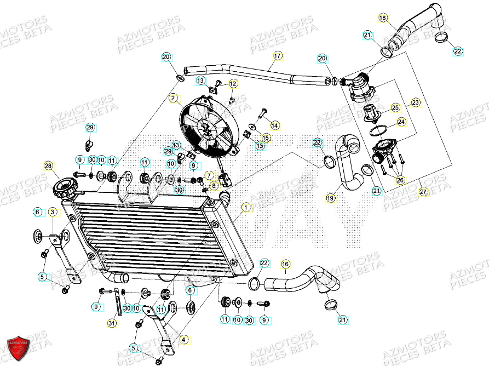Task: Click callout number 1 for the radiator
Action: (x=246, y=208)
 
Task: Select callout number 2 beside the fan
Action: (x=173, y=99)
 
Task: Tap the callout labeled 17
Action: (x=277, y=56)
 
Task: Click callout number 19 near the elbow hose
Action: (x=330, y=198)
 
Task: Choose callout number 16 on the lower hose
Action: (x=285, y=264)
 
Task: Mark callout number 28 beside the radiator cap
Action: (x=48, y=165)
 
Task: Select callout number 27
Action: (x=422, y=191)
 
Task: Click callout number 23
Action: (x=416, y=102)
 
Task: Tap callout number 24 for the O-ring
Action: (x=401, y=122)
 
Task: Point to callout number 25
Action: (x=395, y=107)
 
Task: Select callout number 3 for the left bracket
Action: (x=51, y=211)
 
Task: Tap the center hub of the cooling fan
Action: (x=207, y=128)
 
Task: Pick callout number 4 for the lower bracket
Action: (x=183, y=340)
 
